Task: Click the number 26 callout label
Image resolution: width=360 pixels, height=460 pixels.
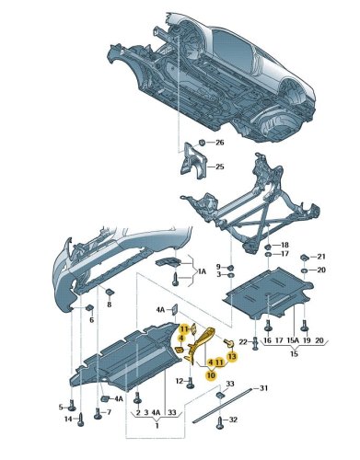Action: click(x=220, y=143)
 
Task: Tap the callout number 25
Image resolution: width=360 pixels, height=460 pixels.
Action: click(x=220, y=167)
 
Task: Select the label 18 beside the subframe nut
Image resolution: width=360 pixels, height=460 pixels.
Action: click(x=285, y=245)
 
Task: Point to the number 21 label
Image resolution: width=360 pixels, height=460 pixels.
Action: click(x=321, y=257)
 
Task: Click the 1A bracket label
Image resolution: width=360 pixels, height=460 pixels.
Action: click(x=203, y=271)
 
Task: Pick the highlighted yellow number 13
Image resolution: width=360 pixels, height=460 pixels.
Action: click(x=232, y=356)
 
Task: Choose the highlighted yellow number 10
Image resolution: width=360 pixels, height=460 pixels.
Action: click(x=211, y=374)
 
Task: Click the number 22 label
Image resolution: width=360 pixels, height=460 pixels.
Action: click(x=243, y=342)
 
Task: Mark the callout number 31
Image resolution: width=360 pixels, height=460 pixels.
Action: click(x=263, y=388)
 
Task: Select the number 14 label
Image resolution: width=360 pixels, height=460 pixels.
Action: click(x=68, y=419)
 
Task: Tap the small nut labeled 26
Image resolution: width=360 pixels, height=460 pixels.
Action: click(x=202, y=143)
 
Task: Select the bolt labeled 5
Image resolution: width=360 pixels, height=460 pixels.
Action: click(x=72, y=407)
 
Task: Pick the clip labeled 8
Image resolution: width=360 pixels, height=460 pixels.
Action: click(x=110, y=292)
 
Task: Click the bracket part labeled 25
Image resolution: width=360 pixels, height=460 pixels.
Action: click(x=192, y=161)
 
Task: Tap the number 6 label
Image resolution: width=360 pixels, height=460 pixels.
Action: click(x=92, y=320)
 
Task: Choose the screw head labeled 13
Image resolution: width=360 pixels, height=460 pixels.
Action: click(x=230, y=342)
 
